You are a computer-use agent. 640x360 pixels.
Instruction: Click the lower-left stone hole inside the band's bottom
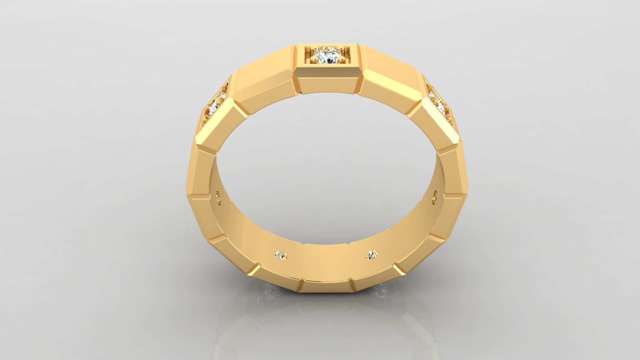coord(281,255)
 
